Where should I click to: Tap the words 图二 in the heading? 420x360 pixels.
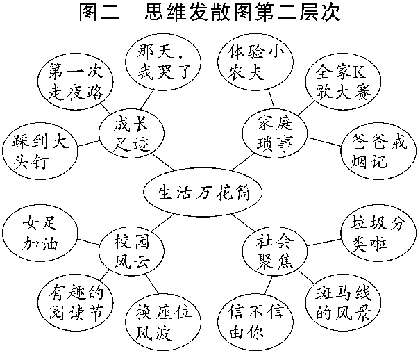[101, 14]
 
